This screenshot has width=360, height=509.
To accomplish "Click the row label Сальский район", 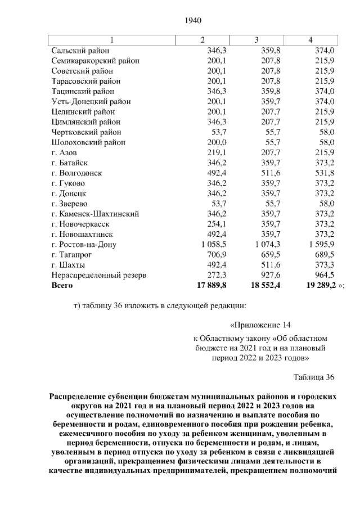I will pyautogui.click(x=78, y=51).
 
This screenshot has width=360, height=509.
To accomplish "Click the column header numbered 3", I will pyautogui.click(x=256, y=40).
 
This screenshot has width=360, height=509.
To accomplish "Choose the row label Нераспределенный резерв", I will pyautogui.click(x=98, y=276).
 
